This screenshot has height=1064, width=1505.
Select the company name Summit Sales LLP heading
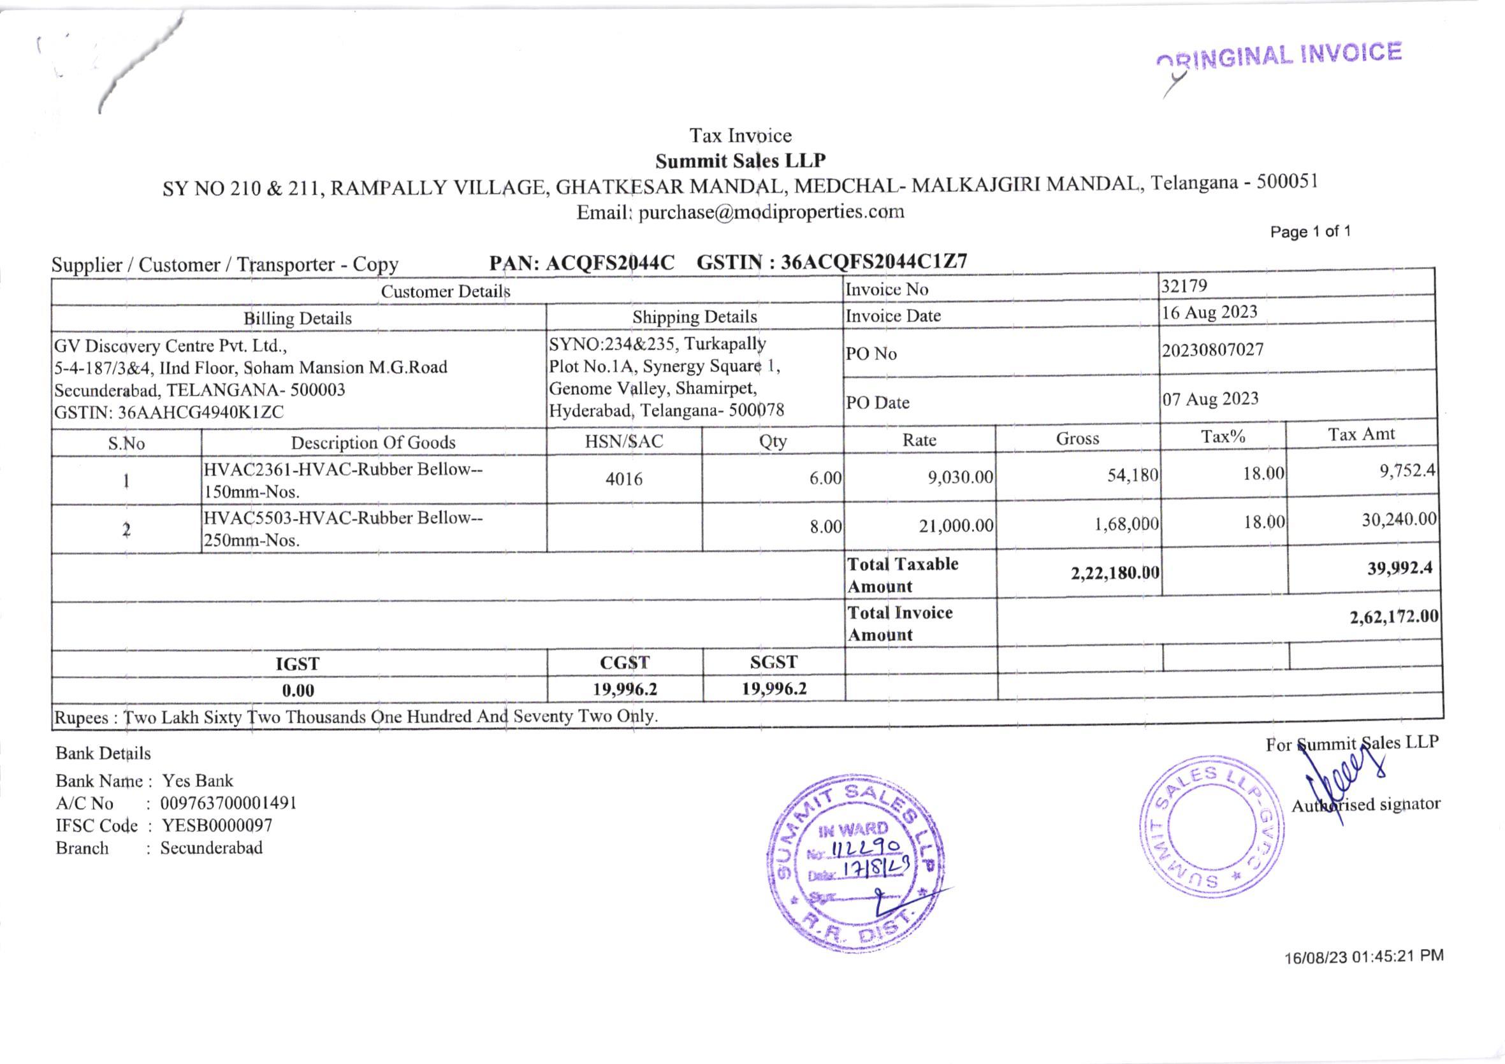pos(740,161)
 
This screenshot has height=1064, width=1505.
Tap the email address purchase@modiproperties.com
pos(771,212)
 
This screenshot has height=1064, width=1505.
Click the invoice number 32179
pos(1184,285)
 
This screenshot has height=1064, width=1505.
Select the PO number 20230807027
pos(1212,350)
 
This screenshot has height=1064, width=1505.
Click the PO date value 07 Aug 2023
pos(1210,399)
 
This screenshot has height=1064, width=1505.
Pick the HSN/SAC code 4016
pos(623,479)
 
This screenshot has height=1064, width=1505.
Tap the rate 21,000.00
pos(956,526)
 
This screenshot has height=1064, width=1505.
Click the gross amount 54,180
pos(1133,475)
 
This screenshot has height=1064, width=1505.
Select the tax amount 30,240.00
pos(1399,519)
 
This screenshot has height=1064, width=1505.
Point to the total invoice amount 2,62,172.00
pos(1393,617)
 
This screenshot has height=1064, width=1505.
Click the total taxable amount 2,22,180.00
pos(1114,573)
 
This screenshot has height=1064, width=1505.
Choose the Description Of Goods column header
pos(373,442)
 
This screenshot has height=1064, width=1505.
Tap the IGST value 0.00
pos(298,690)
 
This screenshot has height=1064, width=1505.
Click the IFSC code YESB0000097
pos(216,826)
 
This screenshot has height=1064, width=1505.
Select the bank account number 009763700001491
pos(228,803)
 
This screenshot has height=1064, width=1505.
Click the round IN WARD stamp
pos(855,861)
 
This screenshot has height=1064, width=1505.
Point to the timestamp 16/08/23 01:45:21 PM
pos(1363,956)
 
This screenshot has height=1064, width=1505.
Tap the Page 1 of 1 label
pos(1310,231)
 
